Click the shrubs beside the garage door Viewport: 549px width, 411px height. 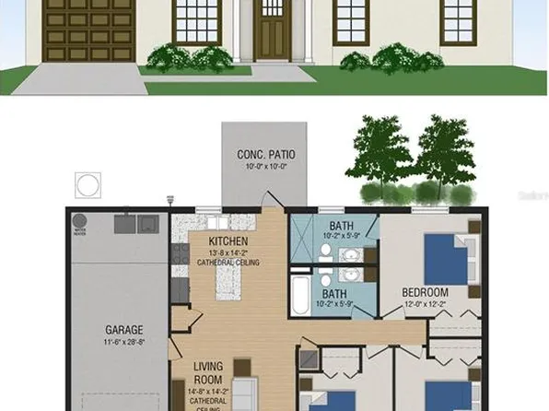click(173, 58)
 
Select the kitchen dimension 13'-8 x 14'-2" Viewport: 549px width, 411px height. click(228, 252)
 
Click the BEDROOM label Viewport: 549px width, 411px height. click(425, 293)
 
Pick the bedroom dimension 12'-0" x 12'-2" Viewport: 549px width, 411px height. click(425, 304)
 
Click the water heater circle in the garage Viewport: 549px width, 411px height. click(79, 222)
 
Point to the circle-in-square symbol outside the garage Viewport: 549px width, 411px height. click(86, 184)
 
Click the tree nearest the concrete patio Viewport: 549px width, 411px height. click(374, 155)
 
